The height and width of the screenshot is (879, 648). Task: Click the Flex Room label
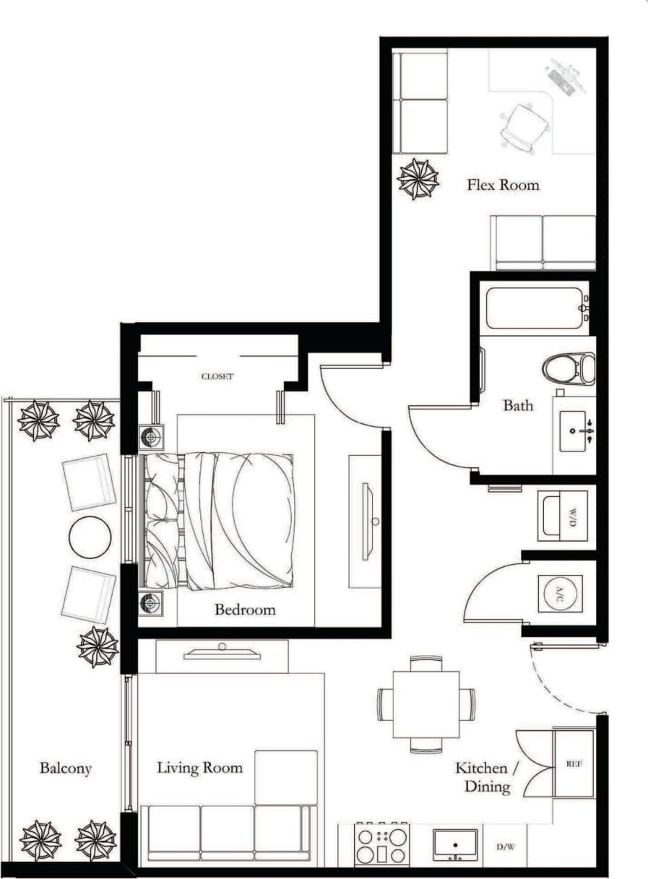503,185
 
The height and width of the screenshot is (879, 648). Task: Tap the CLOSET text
217,376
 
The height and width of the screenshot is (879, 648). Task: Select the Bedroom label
245,610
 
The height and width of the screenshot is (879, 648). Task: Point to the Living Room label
200,767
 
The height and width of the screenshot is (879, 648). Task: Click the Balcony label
66,768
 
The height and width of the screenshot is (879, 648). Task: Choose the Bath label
518,406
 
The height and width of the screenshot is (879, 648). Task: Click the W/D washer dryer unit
566,516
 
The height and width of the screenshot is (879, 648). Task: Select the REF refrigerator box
574,763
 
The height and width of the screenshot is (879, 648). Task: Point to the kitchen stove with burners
381,844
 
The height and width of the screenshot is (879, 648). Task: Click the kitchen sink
454,844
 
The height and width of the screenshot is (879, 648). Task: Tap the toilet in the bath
569,368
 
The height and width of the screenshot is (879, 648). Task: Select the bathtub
535,308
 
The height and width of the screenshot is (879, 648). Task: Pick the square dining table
426,704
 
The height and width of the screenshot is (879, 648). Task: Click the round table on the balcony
90,537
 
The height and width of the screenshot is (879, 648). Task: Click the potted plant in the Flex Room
418,178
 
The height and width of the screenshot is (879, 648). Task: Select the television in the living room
222,654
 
